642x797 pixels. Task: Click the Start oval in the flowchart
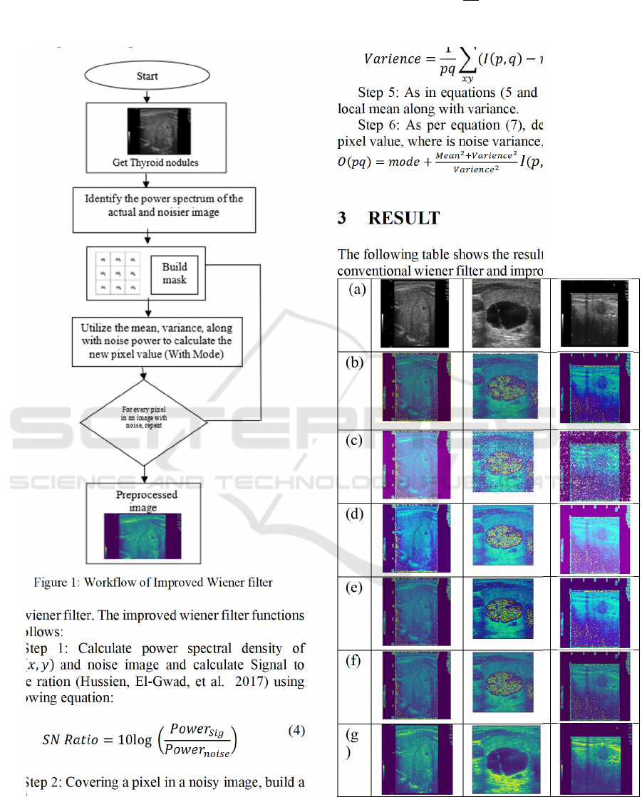coord(147,76)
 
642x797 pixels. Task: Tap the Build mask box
coord(175,274)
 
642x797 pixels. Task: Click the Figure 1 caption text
coord(153,583)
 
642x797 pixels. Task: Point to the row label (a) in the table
coord(357,290)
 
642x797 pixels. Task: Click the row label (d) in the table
coord(355,514)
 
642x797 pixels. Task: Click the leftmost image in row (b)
coord(417,387)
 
